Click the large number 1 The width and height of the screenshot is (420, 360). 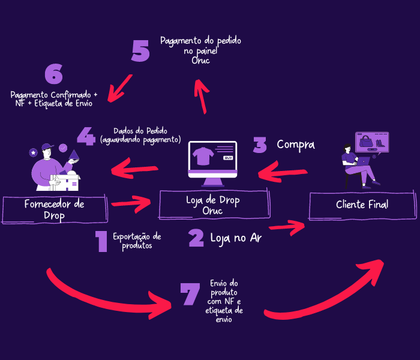click(x=101, y=241)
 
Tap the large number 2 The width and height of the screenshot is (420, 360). click(x=196, y=238)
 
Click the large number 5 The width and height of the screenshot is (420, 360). click(x=140, y=51)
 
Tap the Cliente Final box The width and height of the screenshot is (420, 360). click(x=362, y=205)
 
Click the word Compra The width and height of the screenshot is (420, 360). click(x=295, y=145)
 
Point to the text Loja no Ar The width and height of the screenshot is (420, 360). click(x=235, y=238)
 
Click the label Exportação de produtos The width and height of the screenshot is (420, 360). click(x=137, y=241)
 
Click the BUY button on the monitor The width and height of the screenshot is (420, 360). click(x=227, y=158)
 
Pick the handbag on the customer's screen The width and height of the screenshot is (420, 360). click(x=365, y=143)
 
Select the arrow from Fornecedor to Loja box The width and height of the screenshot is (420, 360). click(x=131, y=203)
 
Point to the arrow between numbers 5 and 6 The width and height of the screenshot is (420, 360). click(x=121, y=88)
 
